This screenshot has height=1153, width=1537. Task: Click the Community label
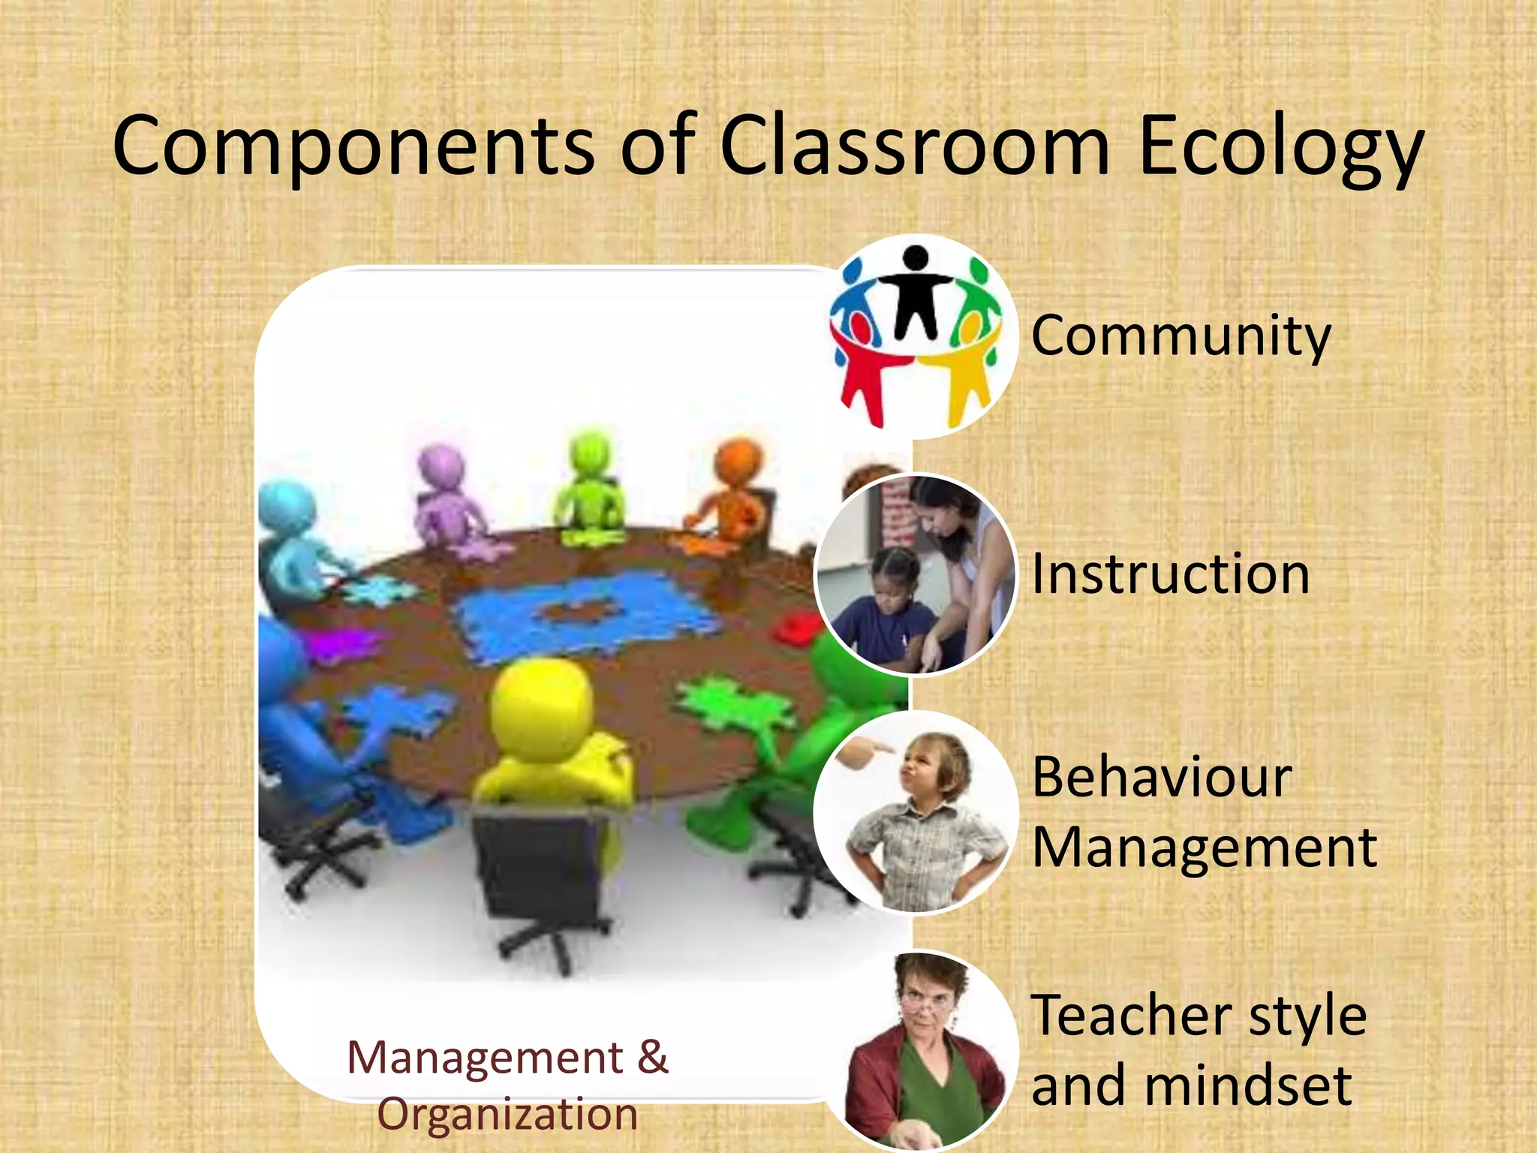tap(1181, 336)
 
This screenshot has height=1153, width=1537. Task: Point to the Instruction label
tap(1171, 574)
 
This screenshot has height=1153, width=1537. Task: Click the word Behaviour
tap(1162, 777)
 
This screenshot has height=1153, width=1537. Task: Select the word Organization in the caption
tap(507, 1115)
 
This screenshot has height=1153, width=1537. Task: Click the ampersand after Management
tap(652, 1057)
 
